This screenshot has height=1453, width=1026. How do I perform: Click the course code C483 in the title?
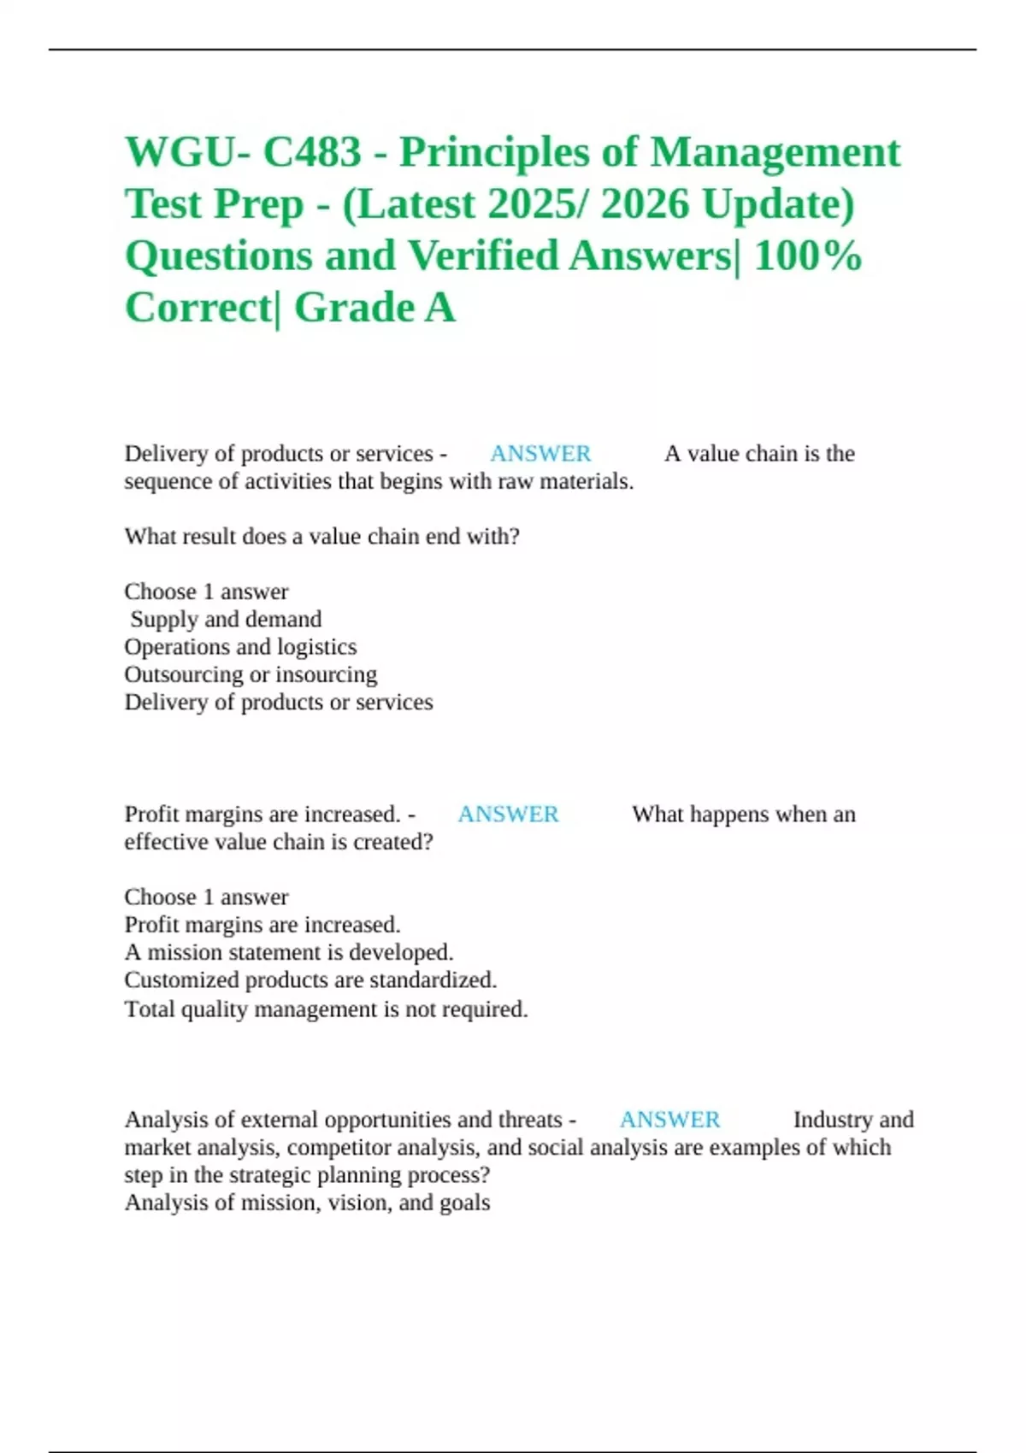312,152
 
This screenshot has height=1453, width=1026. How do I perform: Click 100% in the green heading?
807,255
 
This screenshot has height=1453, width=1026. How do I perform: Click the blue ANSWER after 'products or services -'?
540,453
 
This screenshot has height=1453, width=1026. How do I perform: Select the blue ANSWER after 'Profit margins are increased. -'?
508,814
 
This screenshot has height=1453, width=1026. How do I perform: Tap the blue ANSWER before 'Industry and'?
669,1119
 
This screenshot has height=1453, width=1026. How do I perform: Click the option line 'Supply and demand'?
226,619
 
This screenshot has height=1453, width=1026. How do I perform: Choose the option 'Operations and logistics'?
240,646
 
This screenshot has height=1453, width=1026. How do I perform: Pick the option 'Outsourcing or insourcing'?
251,674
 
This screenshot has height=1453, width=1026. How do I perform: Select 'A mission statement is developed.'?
289,952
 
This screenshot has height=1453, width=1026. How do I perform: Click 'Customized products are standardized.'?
310,979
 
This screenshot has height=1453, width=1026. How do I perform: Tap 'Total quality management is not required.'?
326,1009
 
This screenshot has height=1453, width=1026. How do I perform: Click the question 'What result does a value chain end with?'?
321,536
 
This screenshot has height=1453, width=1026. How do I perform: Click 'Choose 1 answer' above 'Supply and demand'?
206,591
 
